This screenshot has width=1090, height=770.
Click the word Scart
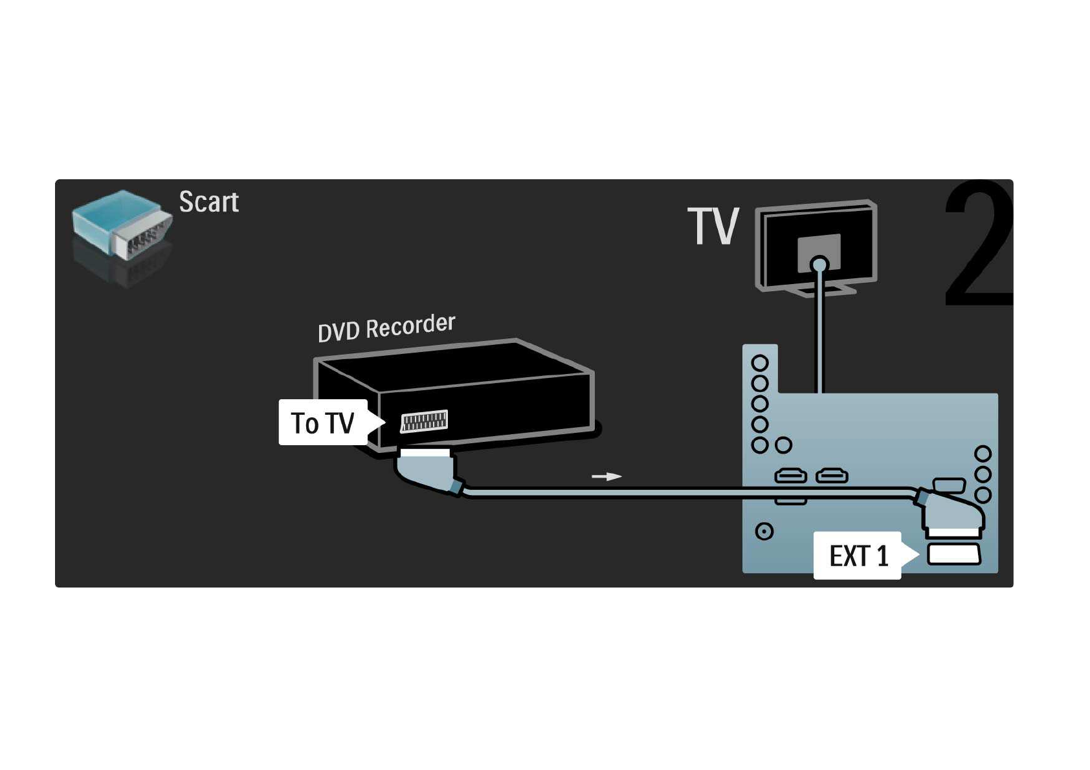tap(208, 202)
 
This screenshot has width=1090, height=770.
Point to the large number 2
tap(977, 246)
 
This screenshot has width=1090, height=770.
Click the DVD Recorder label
tap(386, 327)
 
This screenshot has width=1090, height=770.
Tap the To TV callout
tap(323, 423)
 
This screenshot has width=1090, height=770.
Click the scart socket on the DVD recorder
tap(424, 421)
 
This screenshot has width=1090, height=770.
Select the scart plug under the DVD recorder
tap(425, 468)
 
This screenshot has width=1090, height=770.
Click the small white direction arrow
tap(606, 477)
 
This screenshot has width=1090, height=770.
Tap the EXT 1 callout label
tap(858, 556)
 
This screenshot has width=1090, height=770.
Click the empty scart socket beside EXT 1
tap(954, 555)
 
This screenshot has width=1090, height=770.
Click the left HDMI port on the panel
tap(790, 477)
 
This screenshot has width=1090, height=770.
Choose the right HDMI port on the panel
tap(832, 477)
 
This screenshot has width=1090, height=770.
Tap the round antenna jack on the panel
tap(764, 531)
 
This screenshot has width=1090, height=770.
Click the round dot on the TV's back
tap(819, 264)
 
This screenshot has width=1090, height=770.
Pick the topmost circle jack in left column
tap(760, 363)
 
